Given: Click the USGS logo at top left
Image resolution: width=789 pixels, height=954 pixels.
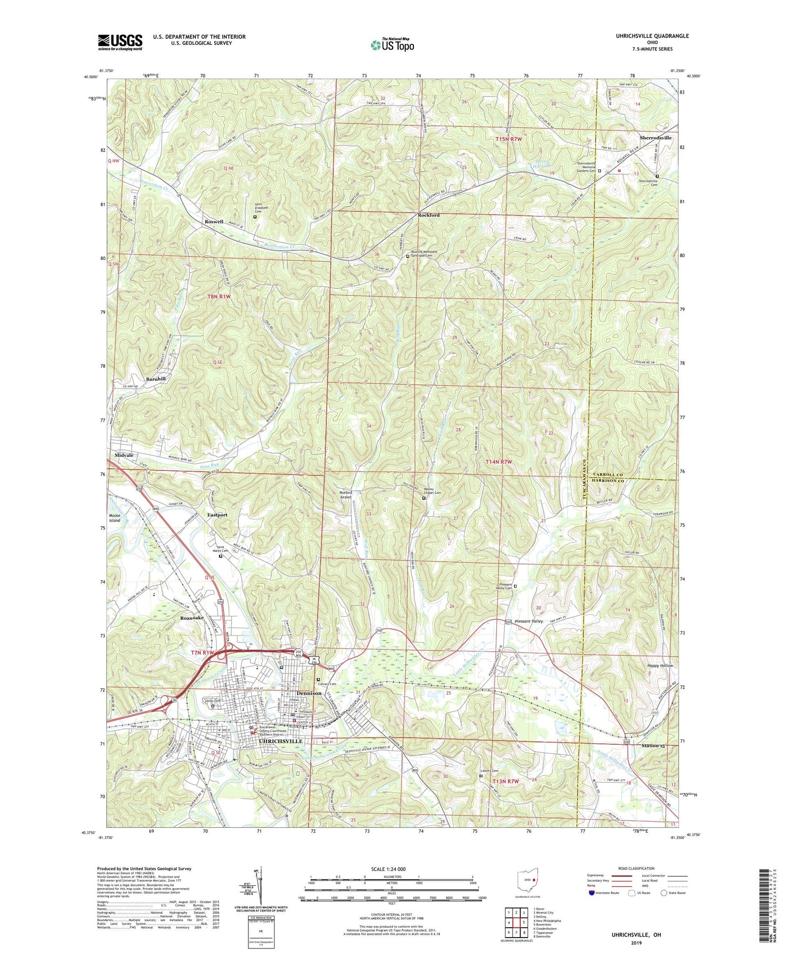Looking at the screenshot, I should pos(120,42).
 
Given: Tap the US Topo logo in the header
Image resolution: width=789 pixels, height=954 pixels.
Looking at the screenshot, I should pos(391,45).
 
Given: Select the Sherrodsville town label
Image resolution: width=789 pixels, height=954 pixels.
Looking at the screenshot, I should pos(655,138).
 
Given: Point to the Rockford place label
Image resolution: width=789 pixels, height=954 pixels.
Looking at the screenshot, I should pos(428,215).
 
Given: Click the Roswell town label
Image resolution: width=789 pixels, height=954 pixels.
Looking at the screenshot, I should pos(213,222).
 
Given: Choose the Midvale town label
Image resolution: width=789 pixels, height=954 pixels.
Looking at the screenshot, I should pos(123,455).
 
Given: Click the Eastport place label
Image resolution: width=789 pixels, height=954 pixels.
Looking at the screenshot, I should pos(217,515).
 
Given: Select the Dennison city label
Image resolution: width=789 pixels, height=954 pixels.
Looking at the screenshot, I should pos(309,693).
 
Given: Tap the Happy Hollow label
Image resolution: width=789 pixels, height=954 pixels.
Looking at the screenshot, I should pos(660,666).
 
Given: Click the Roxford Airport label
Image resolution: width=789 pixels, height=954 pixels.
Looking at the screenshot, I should pos(345,495).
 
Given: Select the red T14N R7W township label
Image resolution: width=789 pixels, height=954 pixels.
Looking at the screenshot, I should pos(499,462).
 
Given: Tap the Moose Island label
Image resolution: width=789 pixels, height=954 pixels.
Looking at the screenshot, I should pos(114,518).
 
